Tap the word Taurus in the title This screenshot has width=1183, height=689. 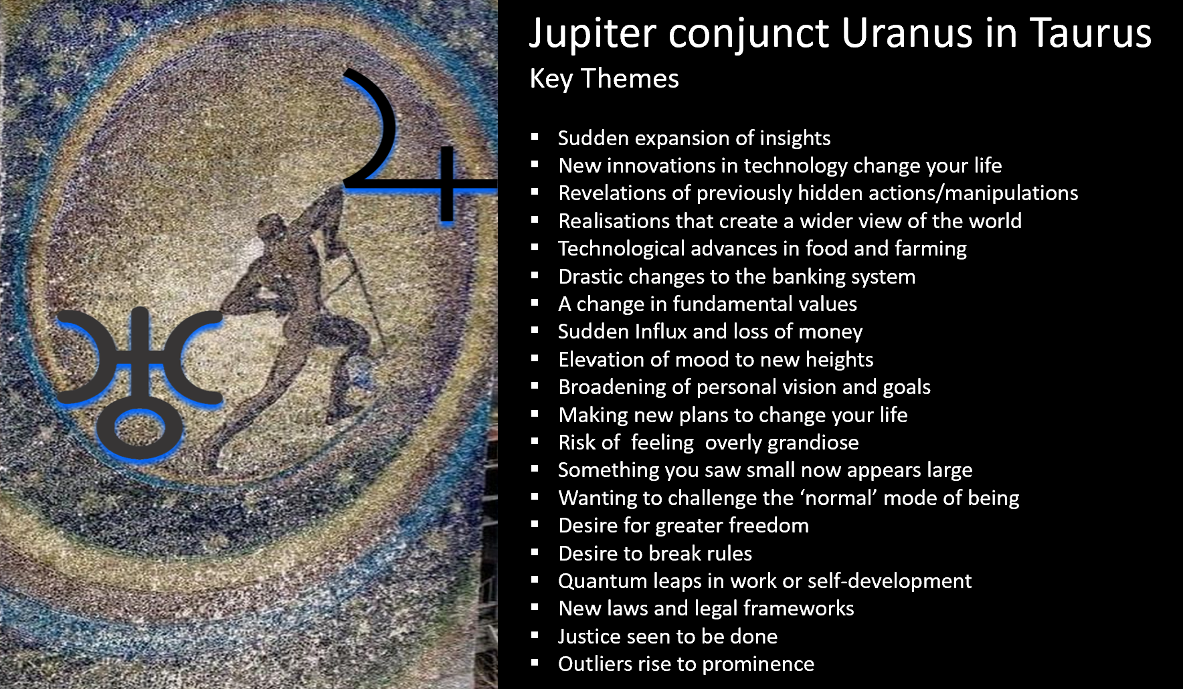(x=1091, y=33)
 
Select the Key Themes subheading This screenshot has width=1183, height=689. (x=604, y=79)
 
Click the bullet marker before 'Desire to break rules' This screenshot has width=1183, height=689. (x=535, y=553)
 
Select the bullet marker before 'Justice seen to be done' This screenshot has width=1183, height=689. (x=535, y=635)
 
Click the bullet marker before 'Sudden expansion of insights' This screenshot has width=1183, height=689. (x=535, y=137)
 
